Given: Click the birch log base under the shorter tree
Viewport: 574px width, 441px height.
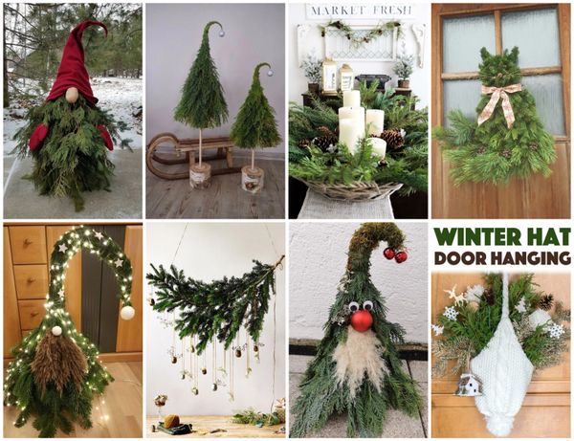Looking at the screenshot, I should pos(253,179).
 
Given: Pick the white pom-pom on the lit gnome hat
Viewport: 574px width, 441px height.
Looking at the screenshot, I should pos(126,312).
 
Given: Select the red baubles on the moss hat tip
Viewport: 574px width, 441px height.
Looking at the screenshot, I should pos(394,255).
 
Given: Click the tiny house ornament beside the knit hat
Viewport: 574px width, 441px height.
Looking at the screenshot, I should pos(468,385).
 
